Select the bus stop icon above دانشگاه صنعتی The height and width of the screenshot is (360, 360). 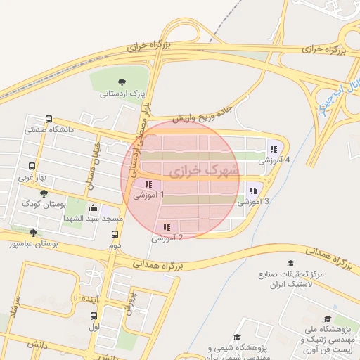[49, 119]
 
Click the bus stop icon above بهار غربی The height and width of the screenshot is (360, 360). [32, 167]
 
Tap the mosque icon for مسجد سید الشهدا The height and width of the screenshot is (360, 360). [94, 208]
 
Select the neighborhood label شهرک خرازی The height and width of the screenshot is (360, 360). [204, 171]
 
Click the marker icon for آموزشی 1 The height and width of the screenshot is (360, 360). [148, 185]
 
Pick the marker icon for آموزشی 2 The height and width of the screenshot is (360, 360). [167, 227]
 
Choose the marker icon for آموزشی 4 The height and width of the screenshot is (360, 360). [273, 148]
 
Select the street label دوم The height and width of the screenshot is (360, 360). [115, 245]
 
